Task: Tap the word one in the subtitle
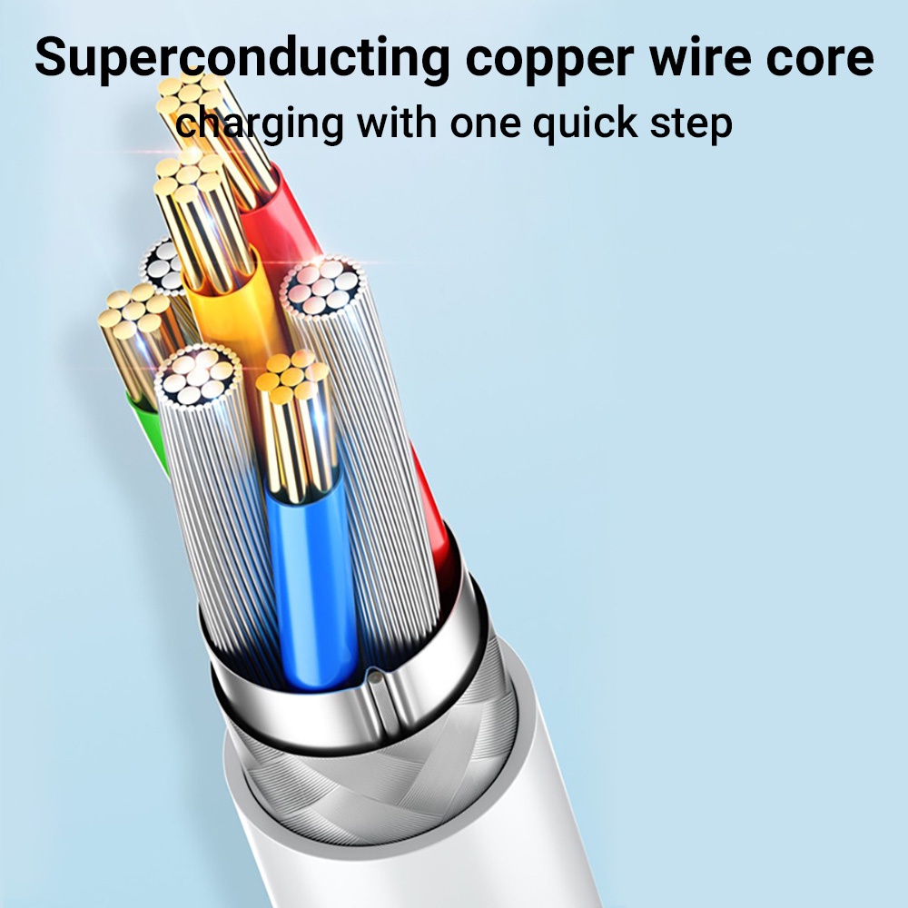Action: (x=485, y=124)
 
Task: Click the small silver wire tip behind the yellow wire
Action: (x=163, y=266)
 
